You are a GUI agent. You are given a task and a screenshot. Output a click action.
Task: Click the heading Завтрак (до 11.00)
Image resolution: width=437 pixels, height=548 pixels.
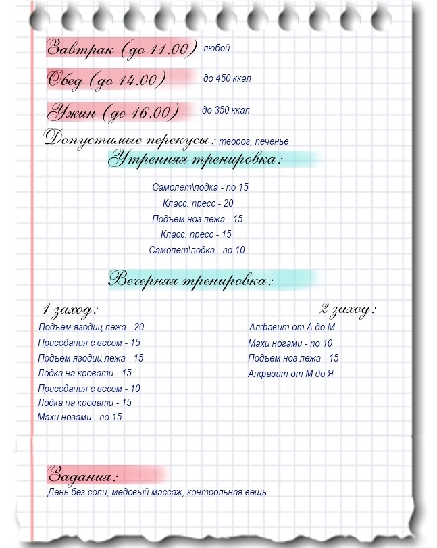tap(121, 49)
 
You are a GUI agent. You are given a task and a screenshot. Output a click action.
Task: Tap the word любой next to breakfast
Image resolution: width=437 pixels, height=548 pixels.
tap(217, 48)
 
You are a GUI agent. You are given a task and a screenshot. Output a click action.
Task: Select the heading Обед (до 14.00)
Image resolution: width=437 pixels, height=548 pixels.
tap(107, 80)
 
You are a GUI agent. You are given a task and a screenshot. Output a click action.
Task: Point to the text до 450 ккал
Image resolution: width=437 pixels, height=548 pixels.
tap(227, 79)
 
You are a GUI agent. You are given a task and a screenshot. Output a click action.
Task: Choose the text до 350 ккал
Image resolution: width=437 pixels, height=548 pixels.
tap(226, 110)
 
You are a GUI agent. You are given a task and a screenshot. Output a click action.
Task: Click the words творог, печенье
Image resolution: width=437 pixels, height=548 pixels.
tap(254, 141)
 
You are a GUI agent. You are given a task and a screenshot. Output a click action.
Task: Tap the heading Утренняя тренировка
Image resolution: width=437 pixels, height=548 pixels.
tap(197, 160)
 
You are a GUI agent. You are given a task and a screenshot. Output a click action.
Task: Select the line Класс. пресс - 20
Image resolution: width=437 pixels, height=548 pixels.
tap(198, 203)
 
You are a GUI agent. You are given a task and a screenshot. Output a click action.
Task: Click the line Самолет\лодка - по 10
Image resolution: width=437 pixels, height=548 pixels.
tap(197, 250)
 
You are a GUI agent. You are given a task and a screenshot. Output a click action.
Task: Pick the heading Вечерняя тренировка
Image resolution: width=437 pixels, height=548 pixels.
tap(192, 279)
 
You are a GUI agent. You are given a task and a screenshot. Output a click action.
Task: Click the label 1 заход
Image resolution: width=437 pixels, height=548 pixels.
tap(70, 310)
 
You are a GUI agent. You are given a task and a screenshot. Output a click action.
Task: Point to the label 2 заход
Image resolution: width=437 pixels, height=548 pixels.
tap(348, 309)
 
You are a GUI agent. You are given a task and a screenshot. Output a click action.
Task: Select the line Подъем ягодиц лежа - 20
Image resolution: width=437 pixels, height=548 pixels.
tap(91, 327)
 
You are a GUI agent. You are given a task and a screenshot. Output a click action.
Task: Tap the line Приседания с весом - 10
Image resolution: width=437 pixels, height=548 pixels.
tap(89, 389)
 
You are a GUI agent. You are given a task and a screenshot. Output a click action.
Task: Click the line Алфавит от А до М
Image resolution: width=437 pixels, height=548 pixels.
tap(292, 327)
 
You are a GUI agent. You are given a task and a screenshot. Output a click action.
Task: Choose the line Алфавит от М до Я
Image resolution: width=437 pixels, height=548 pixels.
tap(290, 374)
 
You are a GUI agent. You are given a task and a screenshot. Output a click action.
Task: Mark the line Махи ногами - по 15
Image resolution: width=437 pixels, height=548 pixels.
tap(80, 417)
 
